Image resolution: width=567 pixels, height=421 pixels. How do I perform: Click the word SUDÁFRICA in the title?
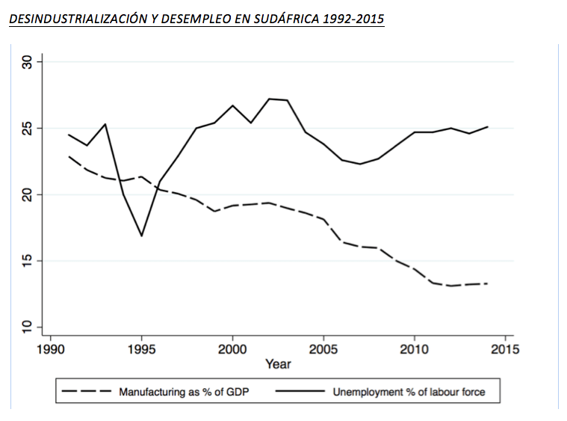click(x=286, y=19)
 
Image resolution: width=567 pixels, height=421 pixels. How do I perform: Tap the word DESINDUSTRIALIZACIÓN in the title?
click(x=78, y=19)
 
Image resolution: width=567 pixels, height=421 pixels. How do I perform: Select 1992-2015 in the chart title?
click(x=353, y=19)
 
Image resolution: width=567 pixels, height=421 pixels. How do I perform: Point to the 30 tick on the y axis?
click(x=27, y=62)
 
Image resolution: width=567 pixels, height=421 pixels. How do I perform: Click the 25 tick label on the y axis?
click(x=27, y=129)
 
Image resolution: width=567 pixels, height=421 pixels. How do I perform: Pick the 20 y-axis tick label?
click(x=27, y=194)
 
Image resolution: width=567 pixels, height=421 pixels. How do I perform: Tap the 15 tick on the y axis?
click(x=27, y=261)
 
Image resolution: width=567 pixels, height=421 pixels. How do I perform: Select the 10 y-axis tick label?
click(x=27, y=327)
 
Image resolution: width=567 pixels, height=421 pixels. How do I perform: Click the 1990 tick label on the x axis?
click(x=51, y=349)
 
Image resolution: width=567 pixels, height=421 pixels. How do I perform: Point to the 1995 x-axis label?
click(x=142, y=349)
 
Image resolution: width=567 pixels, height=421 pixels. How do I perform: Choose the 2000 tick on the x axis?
click(x=232, y=349)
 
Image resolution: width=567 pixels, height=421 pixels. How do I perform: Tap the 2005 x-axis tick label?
click(x=323, y=349)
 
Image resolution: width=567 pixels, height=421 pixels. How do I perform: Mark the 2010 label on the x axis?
click(x=415, y=349)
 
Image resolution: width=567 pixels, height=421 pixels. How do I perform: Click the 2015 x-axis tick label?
click(x=505, y=349)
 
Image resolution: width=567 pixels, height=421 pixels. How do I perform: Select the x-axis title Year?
click(x=278, y=364)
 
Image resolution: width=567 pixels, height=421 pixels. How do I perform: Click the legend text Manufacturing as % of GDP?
click(x=184, y=392)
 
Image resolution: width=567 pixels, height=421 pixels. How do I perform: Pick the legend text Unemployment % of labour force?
click(x=409, y=392)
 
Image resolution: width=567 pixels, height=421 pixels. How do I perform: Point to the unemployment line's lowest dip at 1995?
click(x=142, y=236)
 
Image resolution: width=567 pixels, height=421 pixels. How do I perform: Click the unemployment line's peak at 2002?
click(x=269, y=99)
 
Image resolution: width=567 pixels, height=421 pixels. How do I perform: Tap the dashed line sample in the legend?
click(x=86, y=391)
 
